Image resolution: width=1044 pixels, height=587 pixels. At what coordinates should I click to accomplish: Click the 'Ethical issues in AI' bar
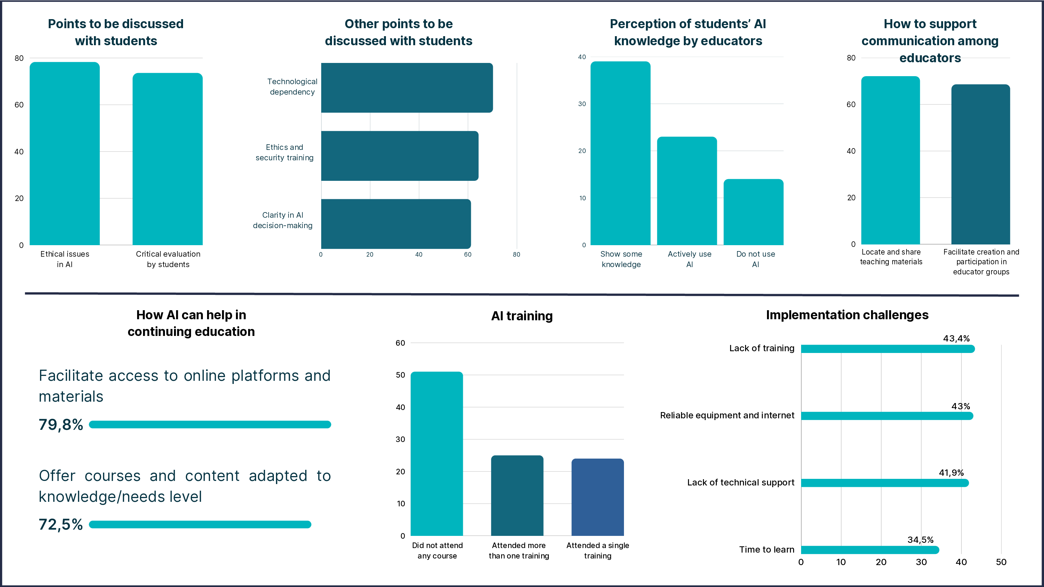(64, 154)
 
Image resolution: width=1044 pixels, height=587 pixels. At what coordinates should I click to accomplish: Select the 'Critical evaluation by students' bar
(167, 159)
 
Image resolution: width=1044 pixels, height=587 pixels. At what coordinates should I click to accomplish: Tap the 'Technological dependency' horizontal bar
(406, 88)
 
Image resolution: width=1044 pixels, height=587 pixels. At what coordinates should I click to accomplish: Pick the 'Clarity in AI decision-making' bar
(396, 224)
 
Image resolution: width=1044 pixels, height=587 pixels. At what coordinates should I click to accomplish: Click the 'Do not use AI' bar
(753, 212)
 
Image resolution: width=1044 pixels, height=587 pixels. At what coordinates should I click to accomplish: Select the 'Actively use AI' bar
(687, 191)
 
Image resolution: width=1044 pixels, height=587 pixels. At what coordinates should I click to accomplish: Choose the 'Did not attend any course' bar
(436, 454)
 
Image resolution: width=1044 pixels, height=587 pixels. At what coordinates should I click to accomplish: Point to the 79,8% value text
(61, 425)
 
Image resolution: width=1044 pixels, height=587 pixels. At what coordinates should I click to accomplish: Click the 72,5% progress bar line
(200, 525)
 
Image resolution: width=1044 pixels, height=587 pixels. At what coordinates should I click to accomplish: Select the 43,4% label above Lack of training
(956, 339)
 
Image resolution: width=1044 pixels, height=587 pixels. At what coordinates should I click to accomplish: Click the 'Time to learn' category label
(766, 550)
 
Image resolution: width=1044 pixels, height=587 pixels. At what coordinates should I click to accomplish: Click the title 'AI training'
(522, 316)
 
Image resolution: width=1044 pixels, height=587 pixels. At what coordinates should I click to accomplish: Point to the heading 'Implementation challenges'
(847, 315)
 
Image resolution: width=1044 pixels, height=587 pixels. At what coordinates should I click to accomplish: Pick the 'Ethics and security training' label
(285, 152)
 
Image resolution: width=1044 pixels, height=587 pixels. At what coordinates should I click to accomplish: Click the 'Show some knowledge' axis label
(621, 259)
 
